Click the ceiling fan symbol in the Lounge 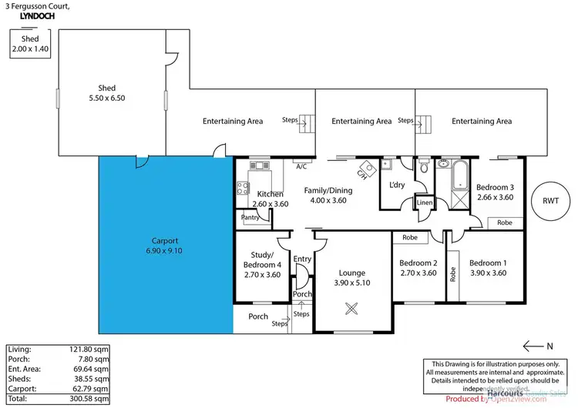351,309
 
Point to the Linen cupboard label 425,203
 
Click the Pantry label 250,218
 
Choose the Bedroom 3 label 494,192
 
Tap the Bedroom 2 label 418,268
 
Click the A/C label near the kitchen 301,166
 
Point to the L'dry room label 398,186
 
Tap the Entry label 301,259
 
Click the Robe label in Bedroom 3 505,222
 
